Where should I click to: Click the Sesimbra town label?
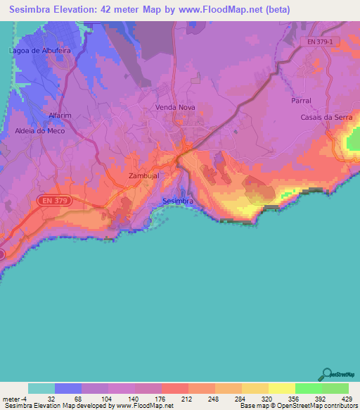point(177,201)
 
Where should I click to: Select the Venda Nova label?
point(175,108)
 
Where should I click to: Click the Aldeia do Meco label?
point(40,131)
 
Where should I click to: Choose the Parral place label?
point(301,101)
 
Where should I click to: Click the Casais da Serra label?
point(326,117)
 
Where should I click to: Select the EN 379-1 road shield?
point(324,43)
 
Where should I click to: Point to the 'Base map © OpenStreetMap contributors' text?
point(297,406)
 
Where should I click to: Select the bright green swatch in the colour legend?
point(308,388)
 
